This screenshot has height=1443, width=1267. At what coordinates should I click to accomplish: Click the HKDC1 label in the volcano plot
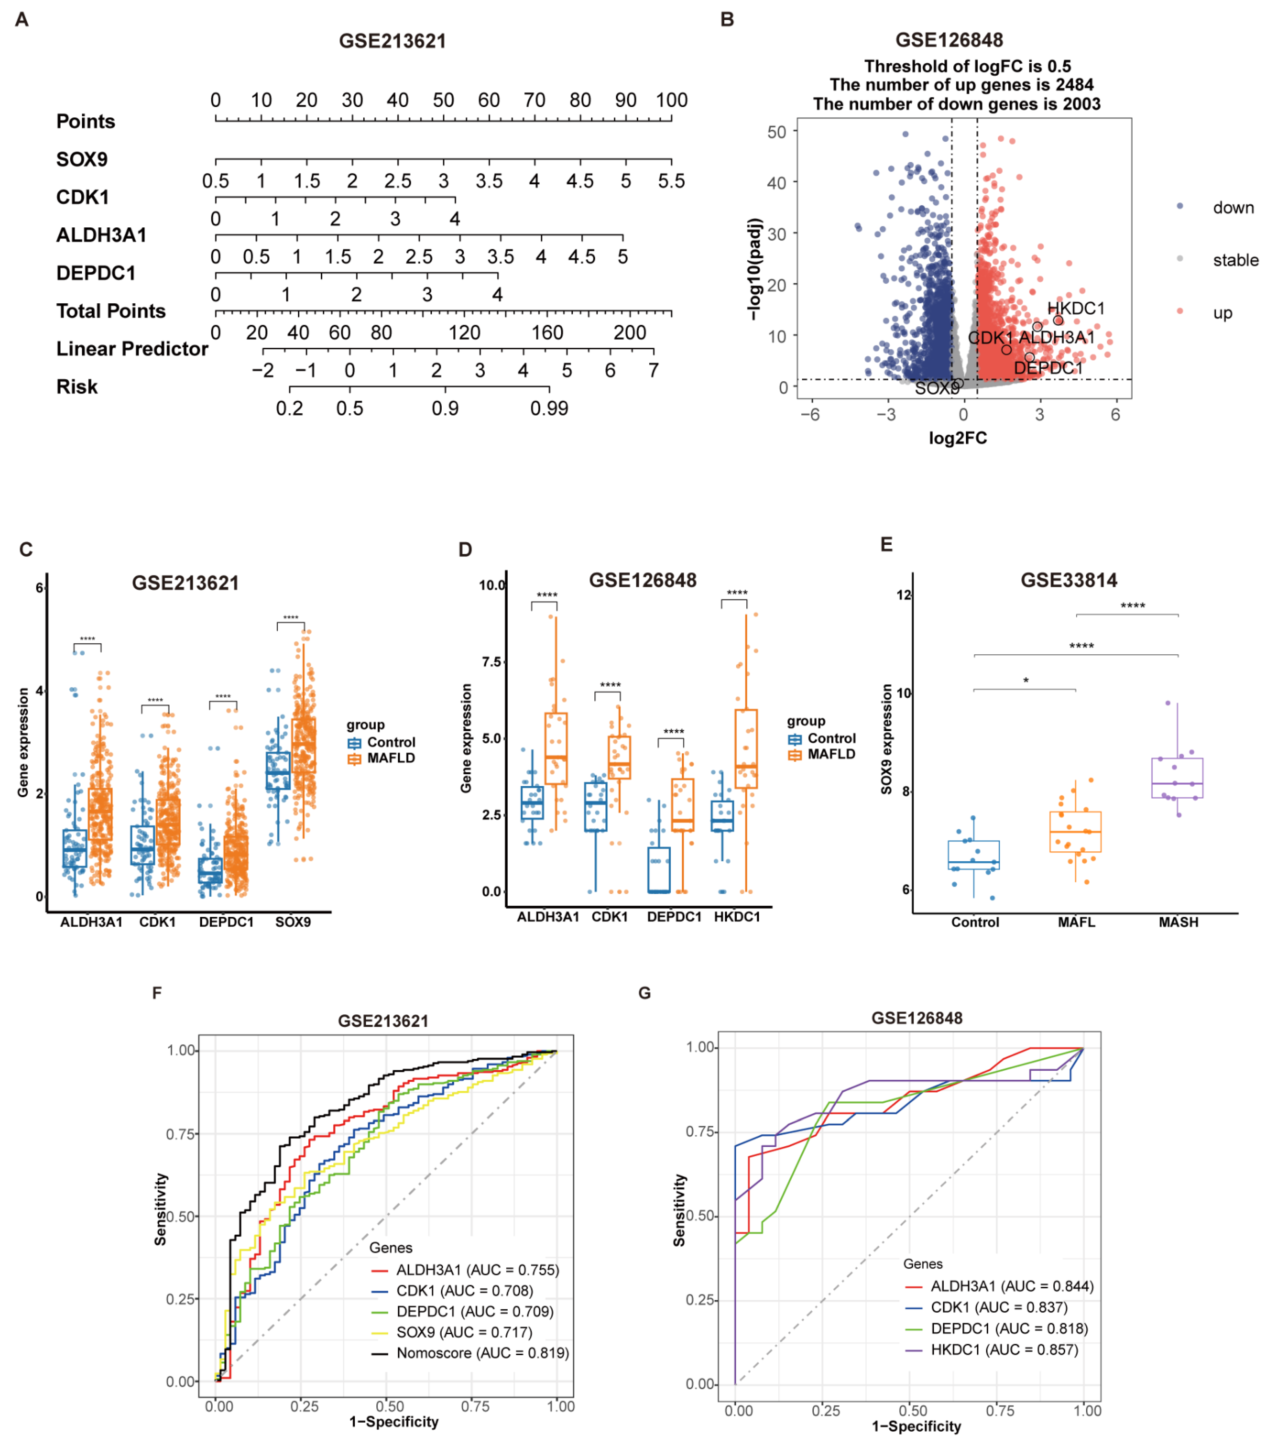[1075, 309]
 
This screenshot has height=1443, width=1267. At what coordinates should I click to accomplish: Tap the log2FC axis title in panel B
[957, 439]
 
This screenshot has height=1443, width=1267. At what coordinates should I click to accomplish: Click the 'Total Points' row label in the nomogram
[111, 311]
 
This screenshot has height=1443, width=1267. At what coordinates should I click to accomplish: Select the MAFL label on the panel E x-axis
[1076, 922]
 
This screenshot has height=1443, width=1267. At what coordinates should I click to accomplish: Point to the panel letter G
[643, 993]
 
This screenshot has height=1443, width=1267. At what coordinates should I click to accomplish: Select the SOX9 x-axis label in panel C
[292, 922]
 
